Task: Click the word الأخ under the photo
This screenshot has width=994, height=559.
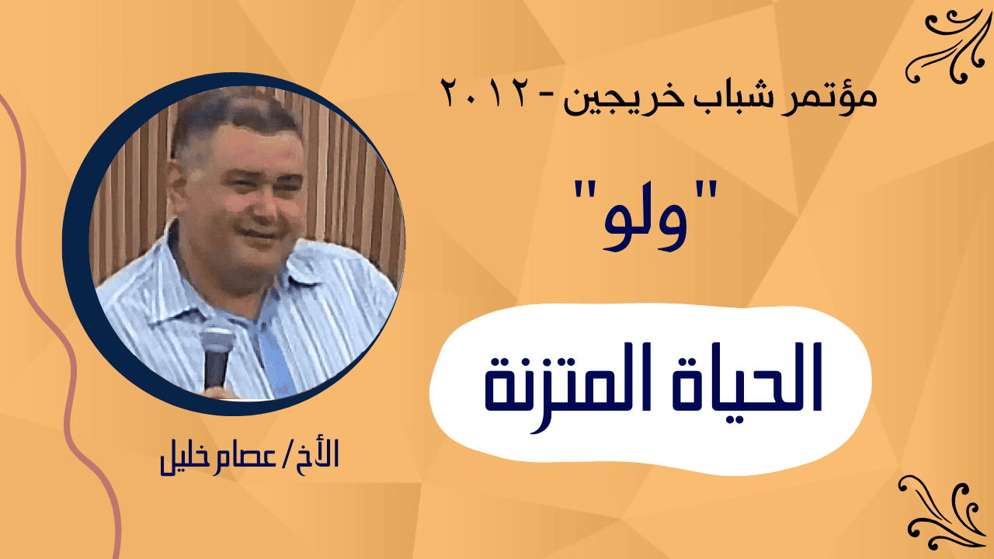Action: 317,453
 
